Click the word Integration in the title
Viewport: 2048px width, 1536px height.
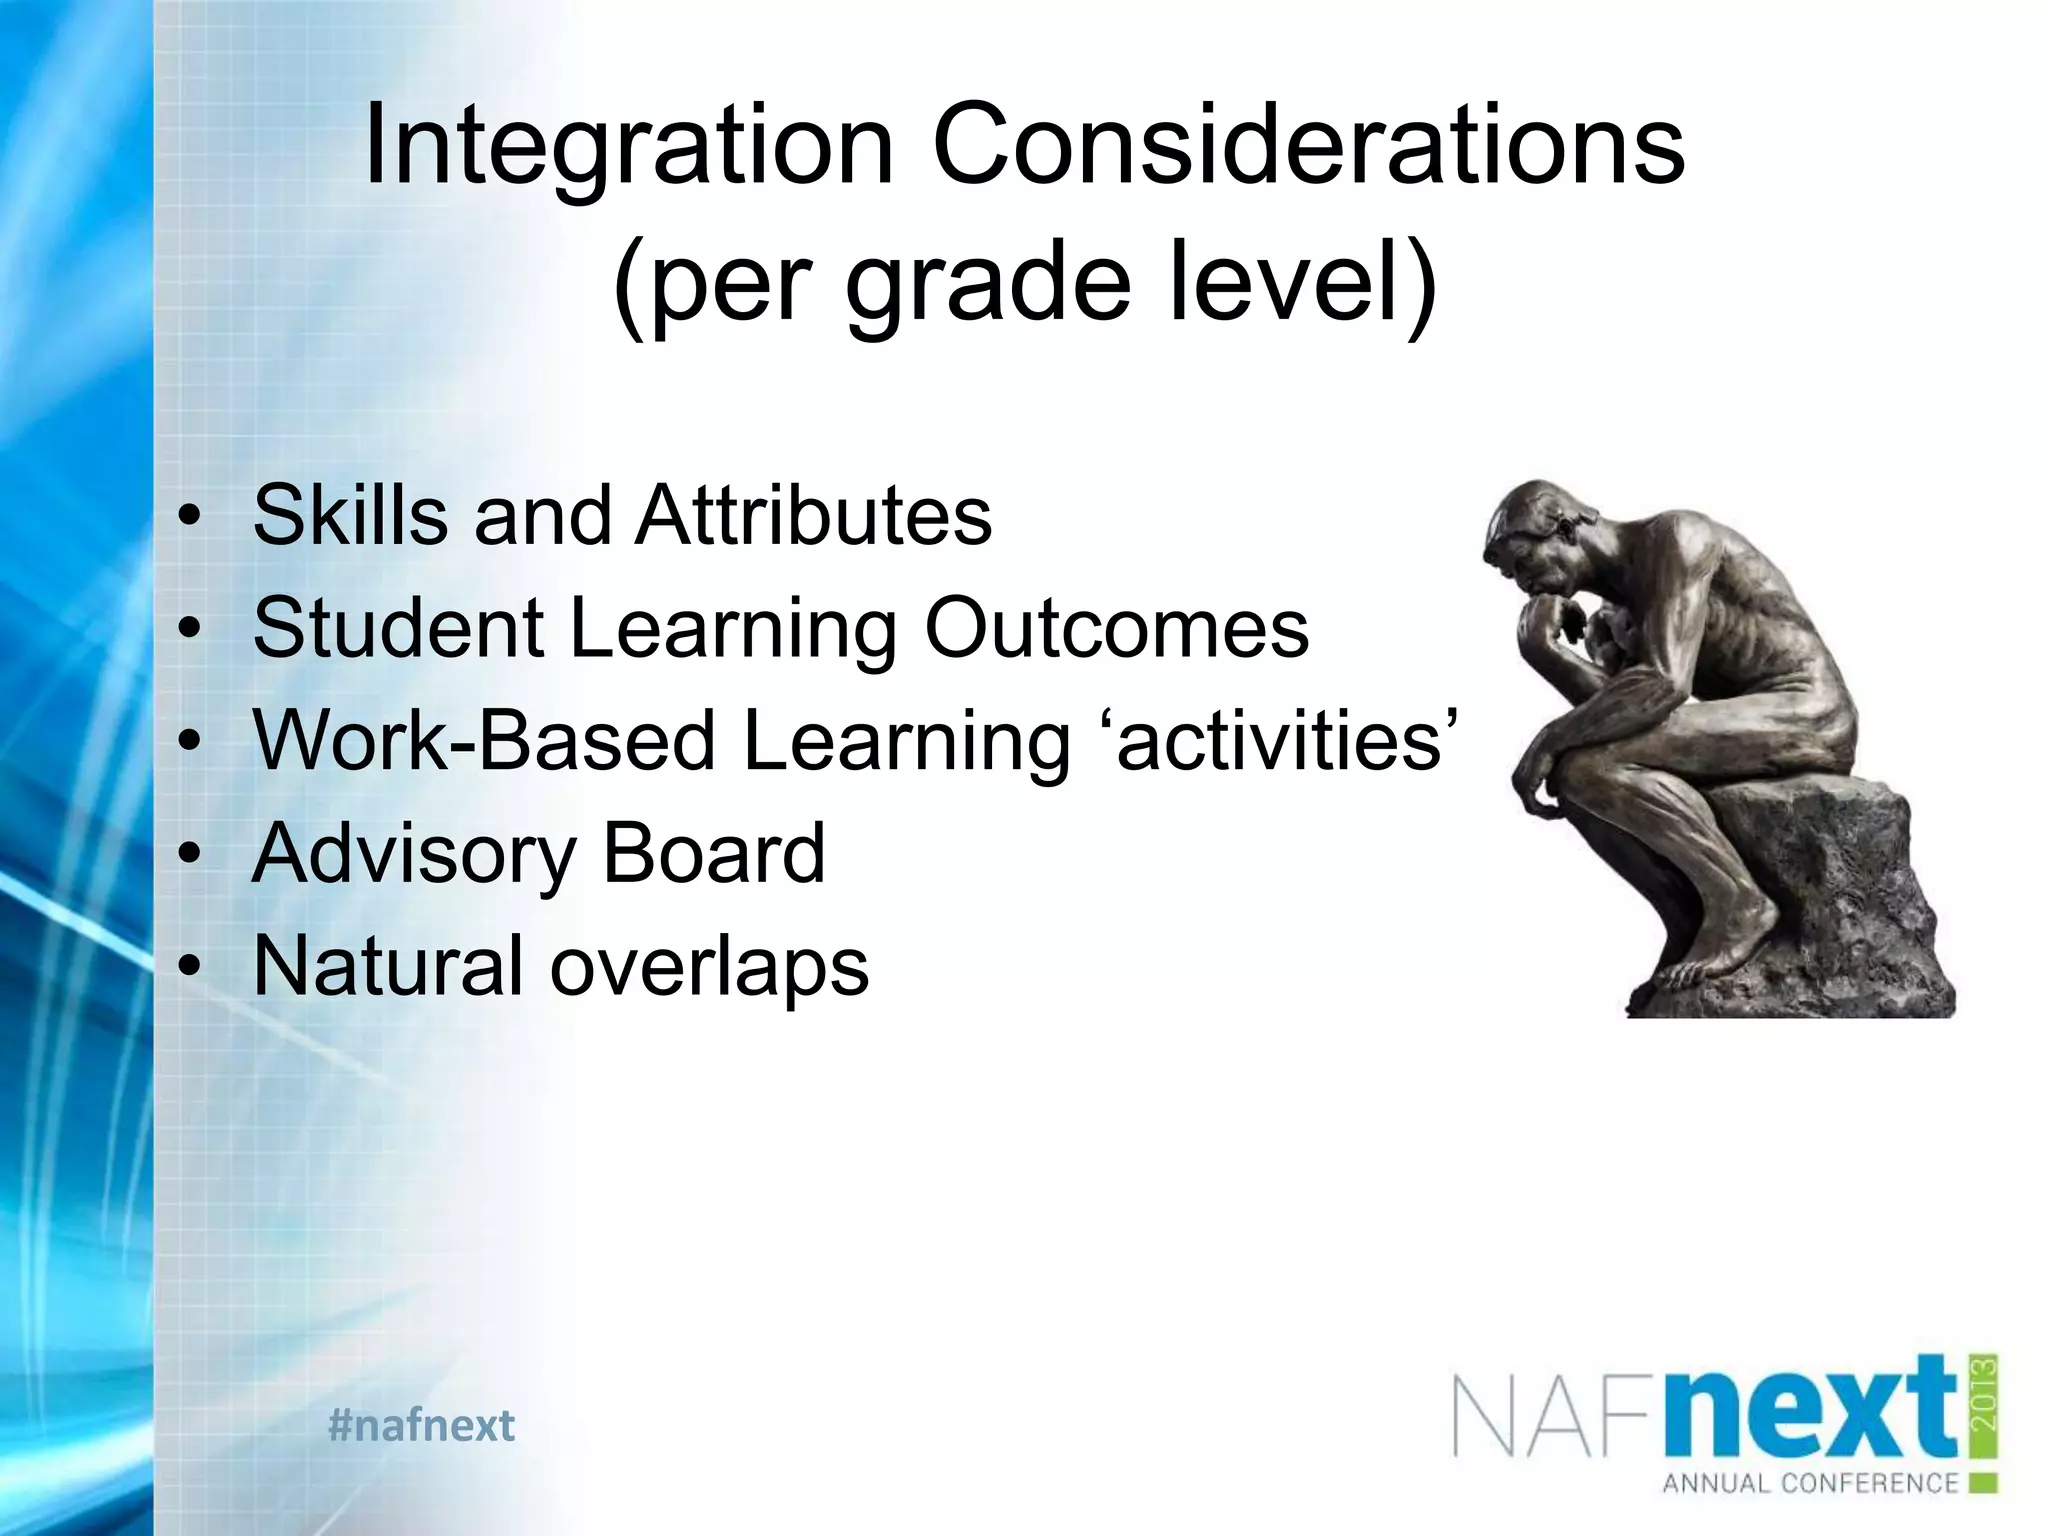pos(629,148)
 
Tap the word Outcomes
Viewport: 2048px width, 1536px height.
pos(1116,628)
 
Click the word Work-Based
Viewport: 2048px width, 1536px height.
pos(484,741)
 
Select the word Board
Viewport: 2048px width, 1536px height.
pos(714,854)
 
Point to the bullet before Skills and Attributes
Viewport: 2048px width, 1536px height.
pos(190,517)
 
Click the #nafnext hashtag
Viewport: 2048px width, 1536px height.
pos(421,1425)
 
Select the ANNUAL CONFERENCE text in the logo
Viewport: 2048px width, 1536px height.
pos(1810,1482)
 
